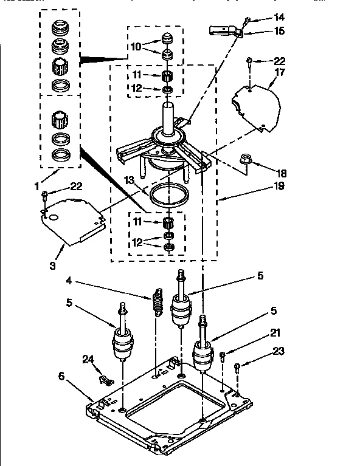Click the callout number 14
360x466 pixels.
tap(279, 17)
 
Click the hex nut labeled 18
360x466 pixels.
tap(246, 159)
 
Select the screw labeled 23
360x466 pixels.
tap(238, 367)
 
